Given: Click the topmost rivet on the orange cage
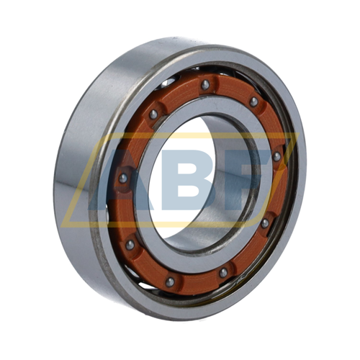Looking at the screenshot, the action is click(x=205, y=85).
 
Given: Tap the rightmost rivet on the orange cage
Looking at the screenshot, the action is click(x=276, y=157).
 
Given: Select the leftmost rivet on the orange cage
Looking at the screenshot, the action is click(x=123, y=178).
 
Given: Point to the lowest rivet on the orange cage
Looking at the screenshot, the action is click(x=170, y=282).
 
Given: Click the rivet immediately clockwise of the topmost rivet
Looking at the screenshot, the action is click(x=253, y=102).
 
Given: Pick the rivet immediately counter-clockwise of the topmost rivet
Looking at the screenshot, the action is click(x=153, y=114).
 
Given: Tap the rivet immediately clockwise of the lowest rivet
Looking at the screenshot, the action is click(x=130, y=245).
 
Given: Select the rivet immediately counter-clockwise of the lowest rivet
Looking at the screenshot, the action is click(x=223, y=273).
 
